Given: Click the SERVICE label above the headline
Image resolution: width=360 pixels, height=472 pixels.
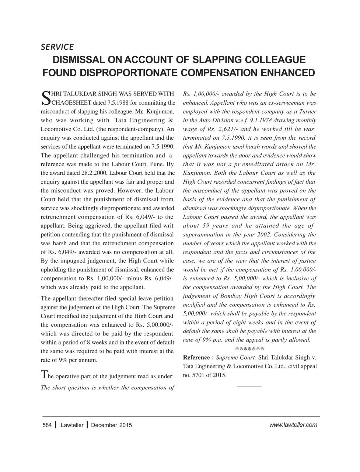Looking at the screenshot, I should point(57,47).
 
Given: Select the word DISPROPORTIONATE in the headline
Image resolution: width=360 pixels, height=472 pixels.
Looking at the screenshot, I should point(128,73).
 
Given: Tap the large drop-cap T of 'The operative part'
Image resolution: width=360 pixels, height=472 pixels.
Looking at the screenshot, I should point(44,375).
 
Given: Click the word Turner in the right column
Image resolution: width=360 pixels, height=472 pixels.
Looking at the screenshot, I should point(307,111).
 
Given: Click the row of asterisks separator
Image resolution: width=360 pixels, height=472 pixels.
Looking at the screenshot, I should point(249,348).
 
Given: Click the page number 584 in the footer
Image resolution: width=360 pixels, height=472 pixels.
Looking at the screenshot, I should point(47,425).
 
